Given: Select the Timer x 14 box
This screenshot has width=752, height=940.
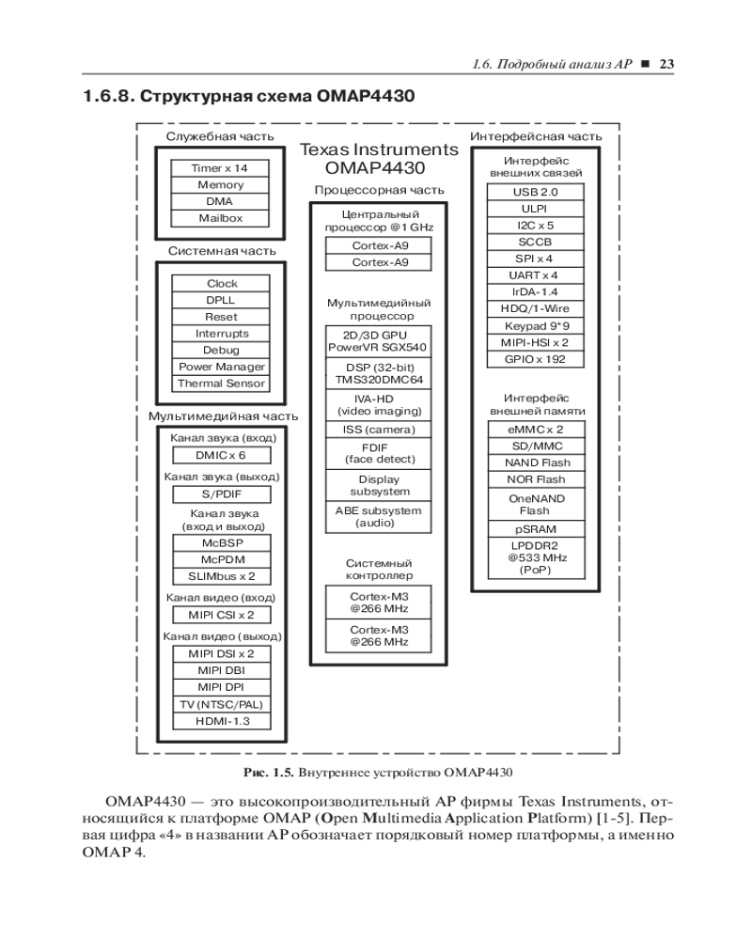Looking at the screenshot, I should [x=221, y=168].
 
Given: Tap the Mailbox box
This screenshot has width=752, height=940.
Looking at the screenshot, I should [x=221, y=218].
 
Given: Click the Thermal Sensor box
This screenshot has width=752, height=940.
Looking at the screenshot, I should [x=222, y=384].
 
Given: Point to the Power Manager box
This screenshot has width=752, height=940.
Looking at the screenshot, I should [x=222, y=367].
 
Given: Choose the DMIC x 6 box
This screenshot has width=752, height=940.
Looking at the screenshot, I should [x=221, y=456].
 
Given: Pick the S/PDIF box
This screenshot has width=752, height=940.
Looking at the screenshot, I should [x=221, y=494].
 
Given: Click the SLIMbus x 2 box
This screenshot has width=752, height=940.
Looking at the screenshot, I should [x=221, y=576].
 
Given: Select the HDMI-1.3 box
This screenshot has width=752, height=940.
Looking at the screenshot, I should [x=221, y=722].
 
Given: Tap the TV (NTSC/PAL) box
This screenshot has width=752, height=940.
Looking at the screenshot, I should [x=221, y=705].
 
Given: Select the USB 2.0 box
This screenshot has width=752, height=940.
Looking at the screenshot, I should [x=535, y=192].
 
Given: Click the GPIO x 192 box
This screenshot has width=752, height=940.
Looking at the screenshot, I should [x=535, y=359].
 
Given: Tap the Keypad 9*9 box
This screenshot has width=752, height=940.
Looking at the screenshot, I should [x=535, y=326].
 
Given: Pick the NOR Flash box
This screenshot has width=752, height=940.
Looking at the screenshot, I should [x=535, y=479].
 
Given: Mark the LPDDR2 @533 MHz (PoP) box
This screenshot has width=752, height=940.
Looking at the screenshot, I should [x=535, y=557].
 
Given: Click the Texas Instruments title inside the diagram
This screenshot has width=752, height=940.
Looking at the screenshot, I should [x=379, y=150].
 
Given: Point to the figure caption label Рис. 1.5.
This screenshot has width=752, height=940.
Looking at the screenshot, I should [x=268, y=773].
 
